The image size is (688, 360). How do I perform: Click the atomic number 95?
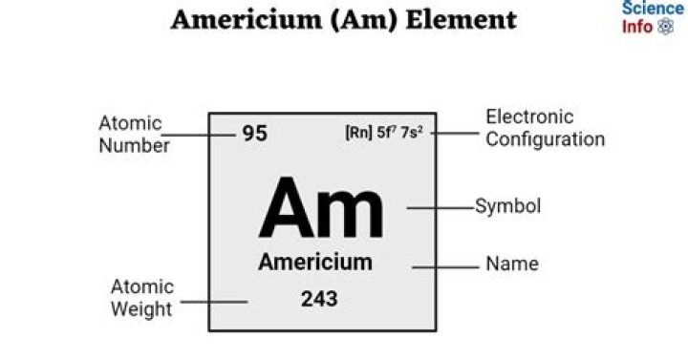pos(254,134)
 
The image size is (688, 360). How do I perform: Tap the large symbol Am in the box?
pos(321,209)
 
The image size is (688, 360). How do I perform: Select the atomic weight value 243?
pos(319,299)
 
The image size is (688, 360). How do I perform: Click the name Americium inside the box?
pos(315,263)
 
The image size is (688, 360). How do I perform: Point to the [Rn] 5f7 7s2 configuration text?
pos(384,133)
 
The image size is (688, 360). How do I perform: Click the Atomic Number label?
pos(134,135)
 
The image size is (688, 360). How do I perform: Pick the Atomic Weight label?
pos(141,298)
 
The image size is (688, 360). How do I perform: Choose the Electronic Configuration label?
pos(545,128)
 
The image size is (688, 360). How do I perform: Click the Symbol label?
pos(508,206)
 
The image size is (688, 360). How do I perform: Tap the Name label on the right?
pos(512,264)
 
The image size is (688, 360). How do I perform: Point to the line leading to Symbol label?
pos(441,206)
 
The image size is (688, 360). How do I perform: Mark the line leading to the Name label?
pos(445,266)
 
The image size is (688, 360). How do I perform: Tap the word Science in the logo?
pos(653,9)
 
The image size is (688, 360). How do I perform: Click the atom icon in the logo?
pos(666,27)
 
